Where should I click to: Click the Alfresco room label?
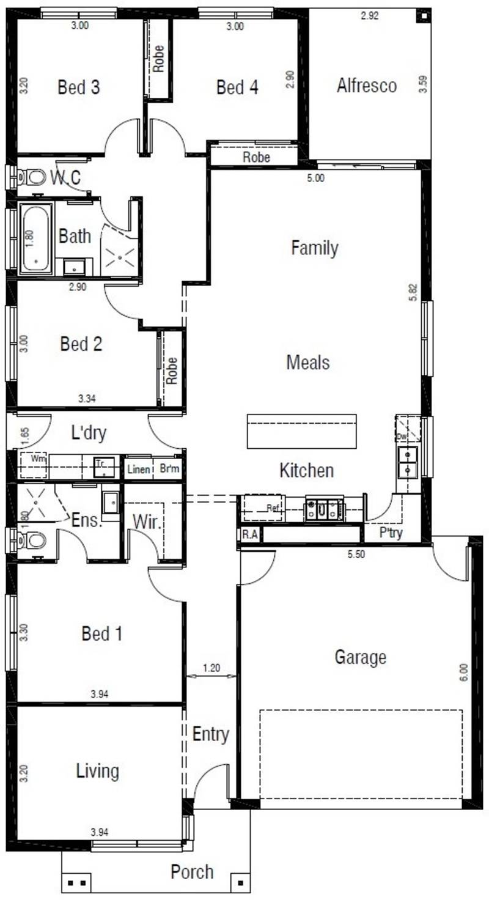[367, 86]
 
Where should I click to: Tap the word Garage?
[360, 657]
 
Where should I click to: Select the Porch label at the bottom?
[192, 871]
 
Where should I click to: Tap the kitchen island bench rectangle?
[301, 430]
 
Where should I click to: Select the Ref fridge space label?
[273, 508]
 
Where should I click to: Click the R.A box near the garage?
[249, 534]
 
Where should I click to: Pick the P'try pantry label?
[391, 533]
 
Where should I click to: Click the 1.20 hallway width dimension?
[211, 668]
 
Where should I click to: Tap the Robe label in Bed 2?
[172, 370]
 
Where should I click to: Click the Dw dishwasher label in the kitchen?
[402, 437]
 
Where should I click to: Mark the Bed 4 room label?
[237, 87]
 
